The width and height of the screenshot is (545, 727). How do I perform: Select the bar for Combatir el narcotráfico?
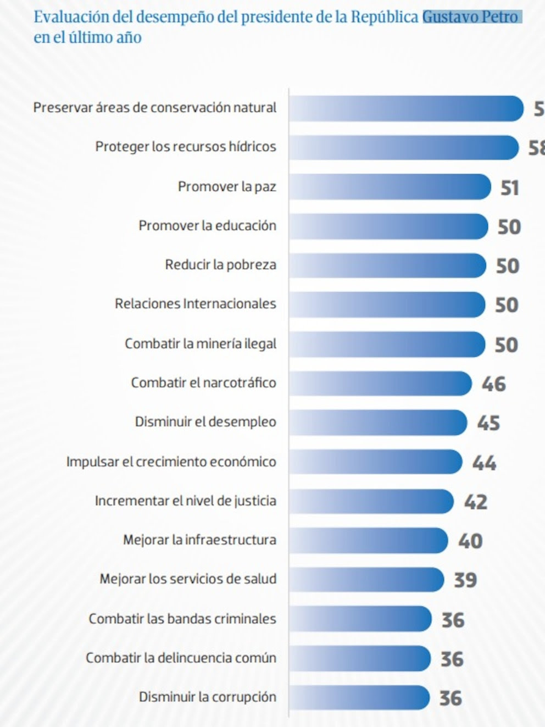(380, 383)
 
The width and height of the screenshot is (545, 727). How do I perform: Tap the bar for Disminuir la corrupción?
(359, 697)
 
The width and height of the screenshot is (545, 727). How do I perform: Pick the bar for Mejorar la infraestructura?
(368, 540)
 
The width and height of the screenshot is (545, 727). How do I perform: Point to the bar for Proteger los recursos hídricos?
(403, 147)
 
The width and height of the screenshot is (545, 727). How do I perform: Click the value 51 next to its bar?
(509, 188)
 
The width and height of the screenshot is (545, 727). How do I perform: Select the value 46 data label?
(493, 384)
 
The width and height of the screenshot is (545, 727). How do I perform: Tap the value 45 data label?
(488, 423)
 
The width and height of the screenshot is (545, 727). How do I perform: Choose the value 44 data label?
(484, 463)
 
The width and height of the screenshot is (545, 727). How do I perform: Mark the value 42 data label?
(475, 502)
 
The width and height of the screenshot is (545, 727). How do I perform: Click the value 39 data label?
(465, 580)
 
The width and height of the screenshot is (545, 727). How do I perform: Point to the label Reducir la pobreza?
(220, 265)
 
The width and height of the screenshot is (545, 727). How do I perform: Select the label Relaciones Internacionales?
(195, 304)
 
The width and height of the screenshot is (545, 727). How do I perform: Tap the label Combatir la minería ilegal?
(201, 343)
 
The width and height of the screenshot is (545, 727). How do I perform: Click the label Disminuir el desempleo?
(205, 422)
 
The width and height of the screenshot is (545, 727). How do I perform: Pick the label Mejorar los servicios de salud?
(188, 579)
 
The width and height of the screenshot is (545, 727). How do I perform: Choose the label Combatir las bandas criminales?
(182, 619)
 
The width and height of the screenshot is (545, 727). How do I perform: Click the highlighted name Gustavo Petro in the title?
(471, 17)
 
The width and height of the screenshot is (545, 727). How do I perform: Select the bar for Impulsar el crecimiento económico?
(375, 462)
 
